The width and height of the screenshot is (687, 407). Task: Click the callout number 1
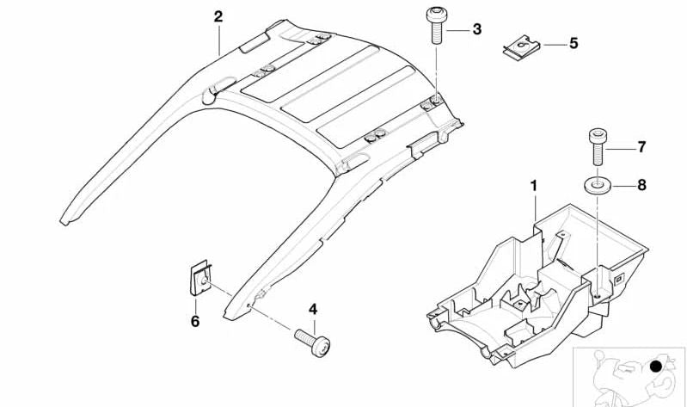[x=534, y=186]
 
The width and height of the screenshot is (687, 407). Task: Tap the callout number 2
[x=218, y=16]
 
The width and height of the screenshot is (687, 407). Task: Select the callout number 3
[x=476, y=29]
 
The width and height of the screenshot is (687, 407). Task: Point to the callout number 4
[x=313, y=309]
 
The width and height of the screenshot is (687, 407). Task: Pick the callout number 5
[x=574, y=43]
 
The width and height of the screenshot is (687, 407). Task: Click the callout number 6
[x=195, y=321]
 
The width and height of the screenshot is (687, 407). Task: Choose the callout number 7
[x=641, y=147]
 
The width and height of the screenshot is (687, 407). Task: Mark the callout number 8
[x=641, y=185]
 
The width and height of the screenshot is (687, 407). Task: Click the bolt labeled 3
[x=437, y=25]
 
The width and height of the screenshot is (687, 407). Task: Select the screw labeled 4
[x=312, y=342]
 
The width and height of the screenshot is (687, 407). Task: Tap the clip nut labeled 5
[x=521, y=47]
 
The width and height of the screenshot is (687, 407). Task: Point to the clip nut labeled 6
[x=200, y=278]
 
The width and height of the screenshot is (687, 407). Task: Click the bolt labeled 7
[x=598, y=146]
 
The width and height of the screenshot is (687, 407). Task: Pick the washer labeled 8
[x=598, y=185]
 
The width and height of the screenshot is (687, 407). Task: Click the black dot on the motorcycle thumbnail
[x=656, y=367]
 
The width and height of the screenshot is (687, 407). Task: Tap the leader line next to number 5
[x=554, y=44]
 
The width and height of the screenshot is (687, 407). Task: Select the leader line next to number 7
[x=621, y=149]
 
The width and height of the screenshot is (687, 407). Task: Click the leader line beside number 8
[x=623, y=187]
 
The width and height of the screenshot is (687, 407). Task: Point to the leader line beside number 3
[x=457, y=31]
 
